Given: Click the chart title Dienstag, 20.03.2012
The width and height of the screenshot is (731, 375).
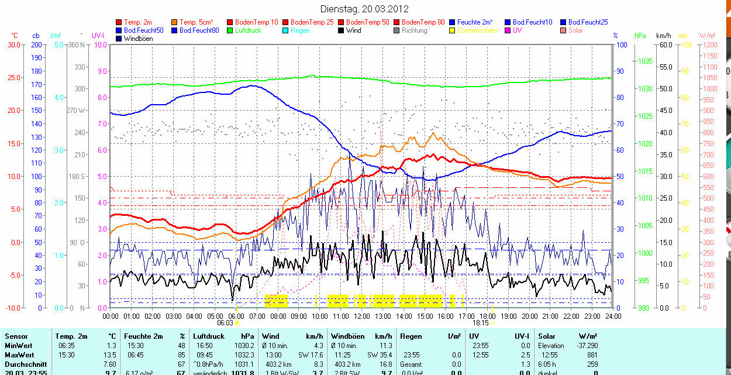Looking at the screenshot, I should point(365,9).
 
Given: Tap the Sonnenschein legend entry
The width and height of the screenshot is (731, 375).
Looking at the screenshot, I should point(477,30).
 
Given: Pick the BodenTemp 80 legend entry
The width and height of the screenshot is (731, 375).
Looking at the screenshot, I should point(423,22).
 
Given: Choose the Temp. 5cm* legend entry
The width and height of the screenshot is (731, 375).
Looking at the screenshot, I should point(196,22).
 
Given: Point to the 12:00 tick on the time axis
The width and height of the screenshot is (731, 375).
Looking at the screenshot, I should point(362,316).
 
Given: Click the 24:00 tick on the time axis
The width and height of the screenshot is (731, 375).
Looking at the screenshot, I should point(613,316).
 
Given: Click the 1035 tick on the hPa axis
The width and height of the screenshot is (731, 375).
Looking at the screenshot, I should point(645,61).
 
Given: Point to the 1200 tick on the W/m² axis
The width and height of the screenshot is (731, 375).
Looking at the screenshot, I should point(709,45).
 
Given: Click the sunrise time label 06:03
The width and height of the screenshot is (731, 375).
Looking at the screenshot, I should point(225,322).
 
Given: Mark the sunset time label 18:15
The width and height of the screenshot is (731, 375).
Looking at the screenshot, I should point(481,322).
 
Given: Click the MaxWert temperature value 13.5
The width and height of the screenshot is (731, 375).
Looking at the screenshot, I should point(109,355).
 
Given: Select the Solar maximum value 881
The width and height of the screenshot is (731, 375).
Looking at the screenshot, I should point(591,355).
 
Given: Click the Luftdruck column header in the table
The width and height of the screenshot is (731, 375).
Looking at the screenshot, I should point(209,336).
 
